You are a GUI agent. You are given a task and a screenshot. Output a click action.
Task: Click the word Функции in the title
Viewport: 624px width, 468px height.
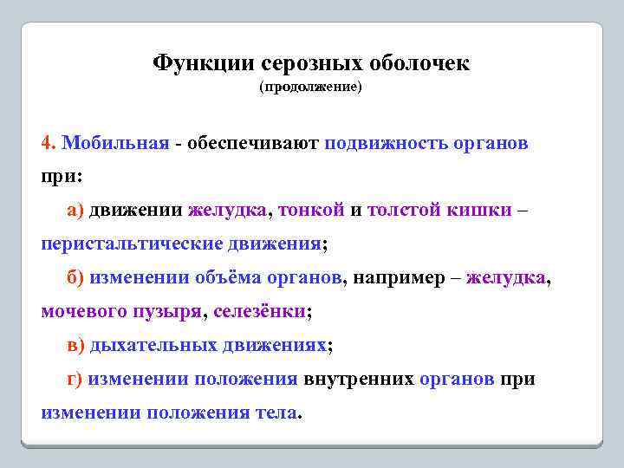click(x=203, y=63)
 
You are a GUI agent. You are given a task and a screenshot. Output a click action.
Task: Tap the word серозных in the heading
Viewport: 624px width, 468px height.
click(x=311, y=63)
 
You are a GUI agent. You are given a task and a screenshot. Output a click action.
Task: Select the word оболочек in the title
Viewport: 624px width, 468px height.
click(x=419, y=63)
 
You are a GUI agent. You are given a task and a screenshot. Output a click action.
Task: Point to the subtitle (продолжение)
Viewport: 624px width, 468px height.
click(x=310, y=88)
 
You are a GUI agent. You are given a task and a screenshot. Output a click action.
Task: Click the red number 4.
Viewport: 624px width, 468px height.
click(x=48, y=142)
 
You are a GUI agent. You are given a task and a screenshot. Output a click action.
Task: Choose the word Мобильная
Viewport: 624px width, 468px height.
click(x=116, y=142)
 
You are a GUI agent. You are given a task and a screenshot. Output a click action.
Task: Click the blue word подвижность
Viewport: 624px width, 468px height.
click(x=386, y=142)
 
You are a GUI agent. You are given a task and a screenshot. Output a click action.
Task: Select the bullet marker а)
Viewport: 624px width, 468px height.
click(x=75, y=210)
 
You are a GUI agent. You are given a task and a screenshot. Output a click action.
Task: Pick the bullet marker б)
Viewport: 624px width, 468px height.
click(x=75, y=277)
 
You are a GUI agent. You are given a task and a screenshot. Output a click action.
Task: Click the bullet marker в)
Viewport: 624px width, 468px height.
click(x=75, y=345)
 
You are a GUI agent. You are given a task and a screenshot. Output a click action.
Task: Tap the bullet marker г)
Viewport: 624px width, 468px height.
click(x=75, y=379)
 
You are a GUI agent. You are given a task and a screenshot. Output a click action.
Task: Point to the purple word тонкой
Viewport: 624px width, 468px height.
click(x=311, y=210)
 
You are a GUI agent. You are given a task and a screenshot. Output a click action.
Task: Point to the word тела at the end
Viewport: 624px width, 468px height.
click(x=276, y=413)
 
